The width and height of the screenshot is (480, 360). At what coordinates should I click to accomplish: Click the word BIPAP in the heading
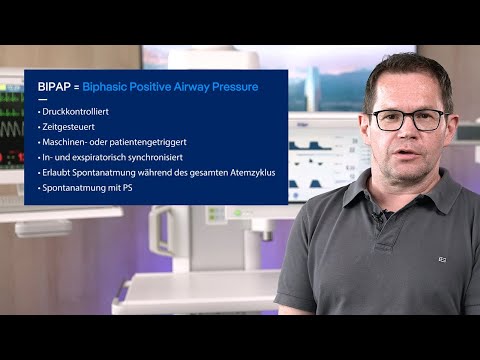[x=54, y=87]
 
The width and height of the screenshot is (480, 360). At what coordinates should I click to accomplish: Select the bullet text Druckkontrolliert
[x=74, y=112]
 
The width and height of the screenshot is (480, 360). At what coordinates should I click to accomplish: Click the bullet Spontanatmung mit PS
[x=88, y=187]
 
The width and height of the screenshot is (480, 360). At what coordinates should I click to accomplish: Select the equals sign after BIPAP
[x=76, y=87]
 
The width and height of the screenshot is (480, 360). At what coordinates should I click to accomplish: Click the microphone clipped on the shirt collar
[x=381, y=214]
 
